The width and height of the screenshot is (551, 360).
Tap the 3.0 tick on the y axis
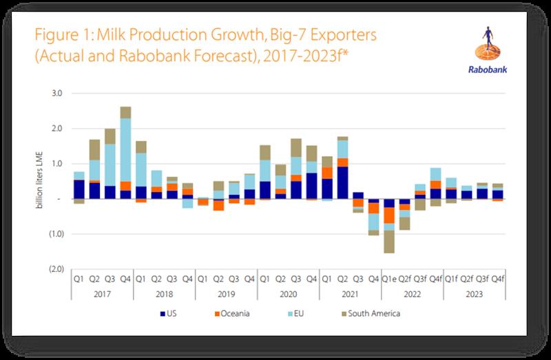pyautogui.click(x=57, y=93)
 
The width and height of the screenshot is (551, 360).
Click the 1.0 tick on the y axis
pyautogui.click(x=57, y=164)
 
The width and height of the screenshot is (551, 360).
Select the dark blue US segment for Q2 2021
pyautogui.click(x=342, y=182)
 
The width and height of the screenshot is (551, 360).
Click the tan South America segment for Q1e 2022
pyautogui.click(x=390, y=242)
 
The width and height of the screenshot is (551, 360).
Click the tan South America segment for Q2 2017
pyautogui.click(x=95, y=149)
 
